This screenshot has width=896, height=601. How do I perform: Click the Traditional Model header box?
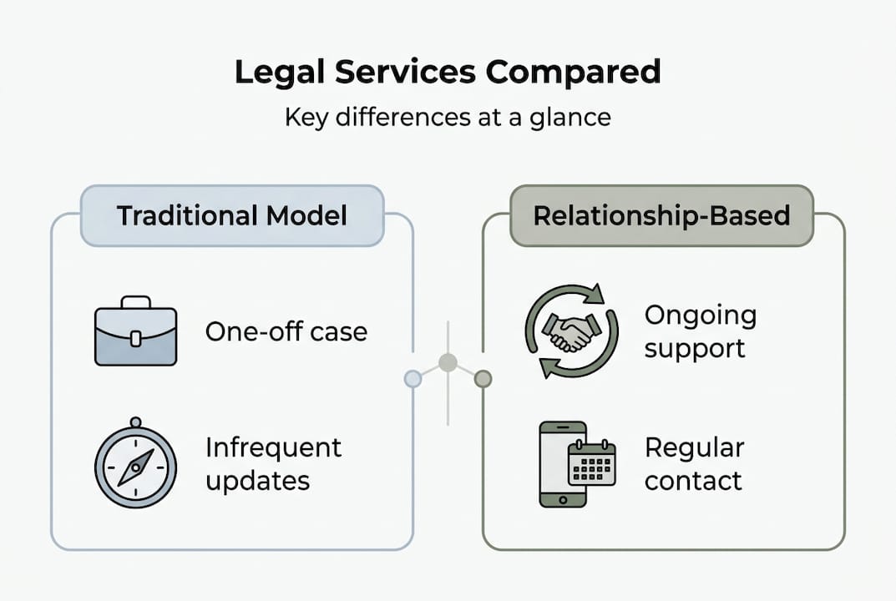231,215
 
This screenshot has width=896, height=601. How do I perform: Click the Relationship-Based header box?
661,215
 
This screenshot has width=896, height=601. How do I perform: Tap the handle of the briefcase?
135,302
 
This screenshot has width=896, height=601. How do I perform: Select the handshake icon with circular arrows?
571,331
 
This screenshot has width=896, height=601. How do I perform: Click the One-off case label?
286,331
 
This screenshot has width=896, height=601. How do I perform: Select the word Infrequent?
273,448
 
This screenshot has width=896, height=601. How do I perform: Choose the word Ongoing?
700,316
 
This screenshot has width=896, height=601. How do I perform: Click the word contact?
692,482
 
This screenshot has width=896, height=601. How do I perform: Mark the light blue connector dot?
413,379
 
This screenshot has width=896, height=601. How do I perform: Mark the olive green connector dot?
483,379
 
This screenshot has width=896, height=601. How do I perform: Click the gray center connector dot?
448,362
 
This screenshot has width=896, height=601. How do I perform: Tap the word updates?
257,482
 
